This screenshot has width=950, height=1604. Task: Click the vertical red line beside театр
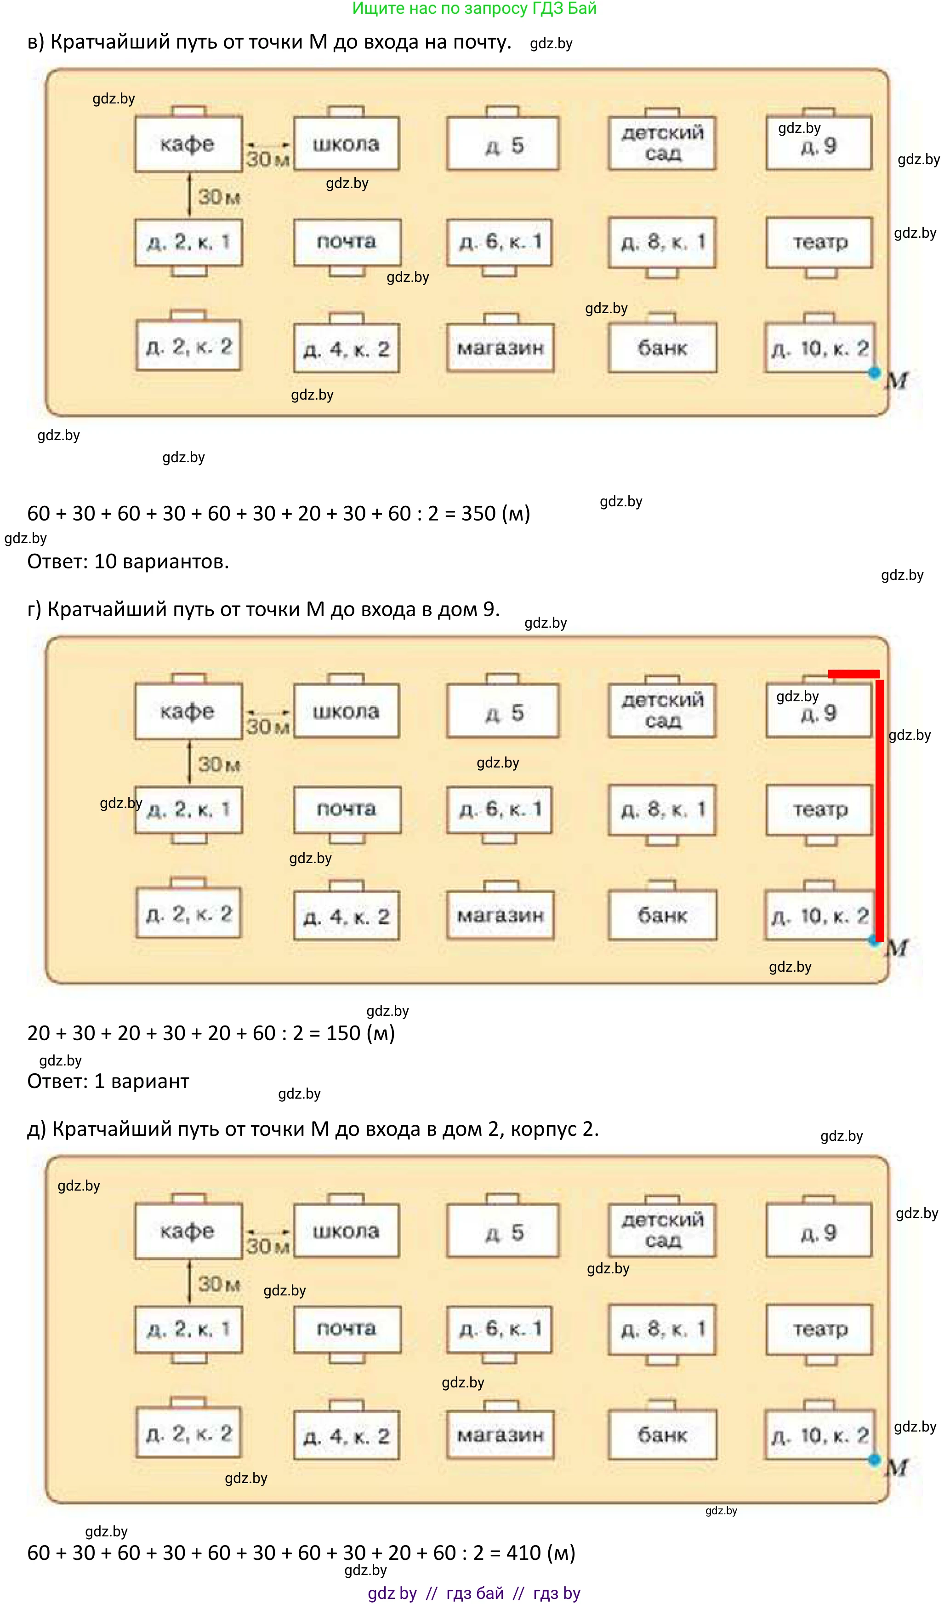click(880, 810)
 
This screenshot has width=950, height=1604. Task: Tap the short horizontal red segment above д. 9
click(853, 674)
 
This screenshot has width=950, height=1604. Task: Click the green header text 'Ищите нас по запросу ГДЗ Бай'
click(474, 9)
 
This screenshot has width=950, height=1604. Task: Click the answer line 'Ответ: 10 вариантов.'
click(128, 561)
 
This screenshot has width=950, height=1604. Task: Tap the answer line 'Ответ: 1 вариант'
click(108, 1081)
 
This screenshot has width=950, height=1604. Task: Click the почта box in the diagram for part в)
click(347, 242)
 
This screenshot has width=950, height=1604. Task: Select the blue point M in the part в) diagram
click(874, 372)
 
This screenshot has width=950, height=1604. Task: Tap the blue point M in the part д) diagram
click(874, 1460)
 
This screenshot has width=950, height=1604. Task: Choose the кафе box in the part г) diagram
click(188, 711)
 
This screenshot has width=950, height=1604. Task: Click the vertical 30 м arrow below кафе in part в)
click(189, 195)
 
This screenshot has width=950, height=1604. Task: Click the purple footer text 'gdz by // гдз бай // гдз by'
click(474, 1593)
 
